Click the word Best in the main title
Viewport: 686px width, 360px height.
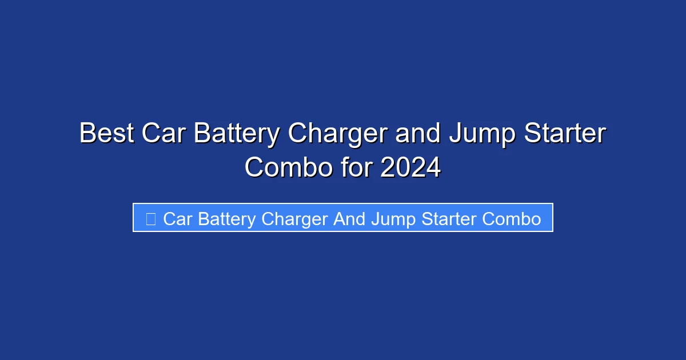106,134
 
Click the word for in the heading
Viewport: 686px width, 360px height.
356,168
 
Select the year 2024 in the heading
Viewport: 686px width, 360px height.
410,168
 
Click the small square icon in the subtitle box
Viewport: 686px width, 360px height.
150,219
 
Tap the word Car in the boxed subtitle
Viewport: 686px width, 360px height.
177,219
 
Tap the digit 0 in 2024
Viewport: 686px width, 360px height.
402,168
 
